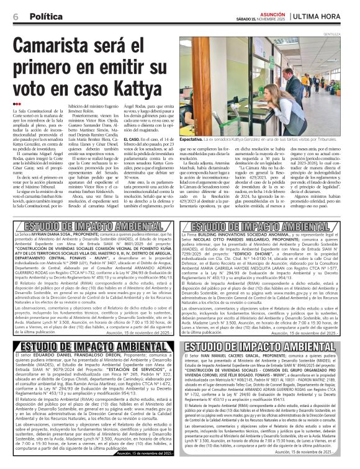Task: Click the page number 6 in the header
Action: click(15, 16)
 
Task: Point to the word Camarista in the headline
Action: click(58, 48)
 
